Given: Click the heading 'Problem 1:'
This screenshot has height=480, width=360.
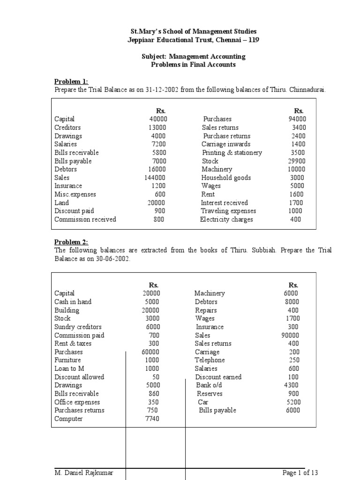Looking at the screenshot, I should click(x=71, y=81).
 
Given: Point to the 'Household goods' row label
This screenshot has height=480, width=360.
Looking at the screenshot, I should click(x=226, y=178).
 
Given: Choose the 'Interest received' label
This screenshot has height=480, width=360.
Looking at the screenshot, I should click(x=224, y=202).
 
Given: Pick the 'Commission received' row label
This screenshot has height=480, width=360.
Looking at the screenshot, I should click(x=85, y=219).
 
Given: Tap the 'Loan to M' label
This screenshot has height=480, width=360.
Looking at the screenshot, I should click(x=69, y=368).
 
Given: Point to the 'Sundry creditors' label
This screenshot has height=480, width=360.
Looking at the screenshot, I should click(x=78, y=327).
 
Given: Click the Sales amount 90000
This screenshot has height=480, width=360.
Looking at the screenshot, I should click(x=291, y=335).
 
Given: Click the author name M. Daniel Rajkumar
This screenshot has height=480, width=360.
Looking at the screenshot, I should click(x=84, y=473).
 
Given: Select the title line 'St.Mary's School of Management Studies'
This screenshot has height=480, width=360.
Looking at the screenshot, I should click(x=193, y=31).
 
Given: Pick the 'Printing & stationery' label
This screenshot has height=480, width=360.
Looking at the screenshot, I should click(x=232, y=152).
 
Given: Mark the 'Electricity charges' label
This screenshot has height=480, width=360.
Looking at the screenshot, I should click(x=226, y=219).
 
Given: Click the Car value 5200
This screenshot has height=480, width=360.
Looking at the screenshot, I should click(x=293, y=402).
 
